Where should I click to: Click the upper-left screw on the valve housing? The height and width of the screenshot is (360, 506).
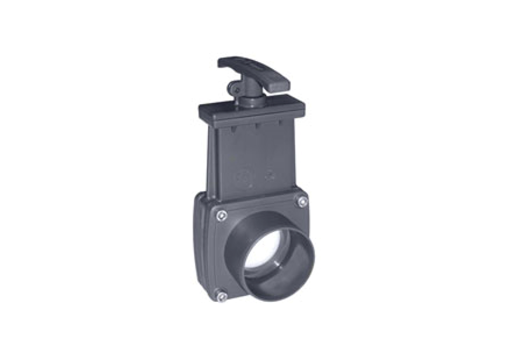[221, 215]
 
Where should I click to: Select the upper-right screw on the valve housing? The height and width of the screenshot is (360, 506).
[302, 202]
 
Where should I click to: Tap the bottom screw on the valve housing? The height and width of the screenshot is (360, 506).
[222, 296]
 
